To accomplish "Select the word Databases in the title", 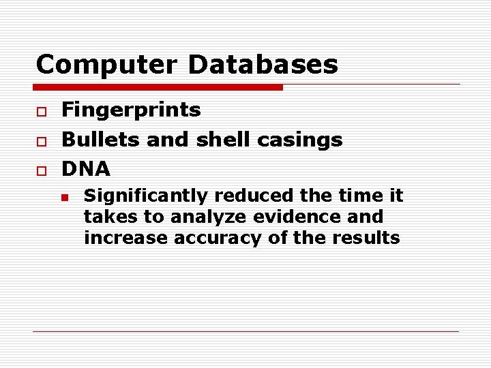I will tap(263, 65).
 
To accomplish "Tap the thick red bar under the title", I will tap(158, 87).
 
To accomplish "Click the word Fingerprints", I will tap(131, 110).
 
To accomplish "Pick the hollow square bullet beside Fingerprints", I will tap(41, 111).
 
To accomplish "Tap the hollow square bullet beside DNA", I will tap(41, 170).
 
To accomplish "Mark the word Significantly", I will tap(146, 196).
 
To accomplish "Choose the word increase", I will tap(126, 238).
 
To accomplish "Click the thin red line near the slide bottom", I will tap(245, 331).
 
